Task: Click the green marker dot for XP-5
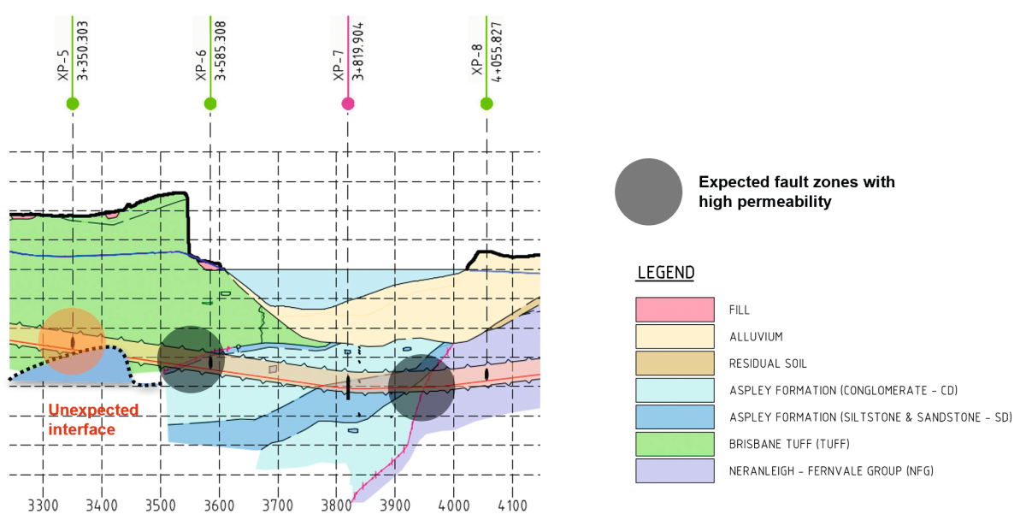pos(73,104)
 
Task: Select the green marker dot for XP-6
pos(210,104)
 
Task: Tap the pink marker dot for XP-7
pos(348,104)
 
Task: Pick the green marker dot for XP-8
pos(486,104)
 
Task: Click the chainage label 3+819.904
pos(358,50)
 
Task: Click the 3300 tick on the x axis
pos(44,505)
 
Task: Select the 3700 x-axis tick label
pos(278,505)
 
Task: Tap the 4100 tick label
pos(512,505)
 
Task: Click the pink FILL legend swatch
pos(675,310)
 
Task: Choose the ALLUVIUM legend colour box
pos(675,336)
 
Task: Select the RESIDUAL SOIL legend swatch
pos(675,363)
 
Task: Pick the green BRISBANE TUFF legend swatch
pos(675,444)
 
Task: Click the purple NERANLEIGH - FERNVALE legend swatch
pos(675,470)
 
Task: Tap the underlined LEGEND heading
pos(665,273)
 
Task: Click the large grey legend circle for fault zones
pos(649,192)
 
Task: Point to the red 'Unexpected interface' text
pos(93,419)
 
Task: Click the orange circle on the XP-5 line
pos(72,340)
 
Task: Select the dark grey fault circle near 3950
pos(422,387)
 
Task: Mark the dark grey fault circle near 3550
pos(191,359)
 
